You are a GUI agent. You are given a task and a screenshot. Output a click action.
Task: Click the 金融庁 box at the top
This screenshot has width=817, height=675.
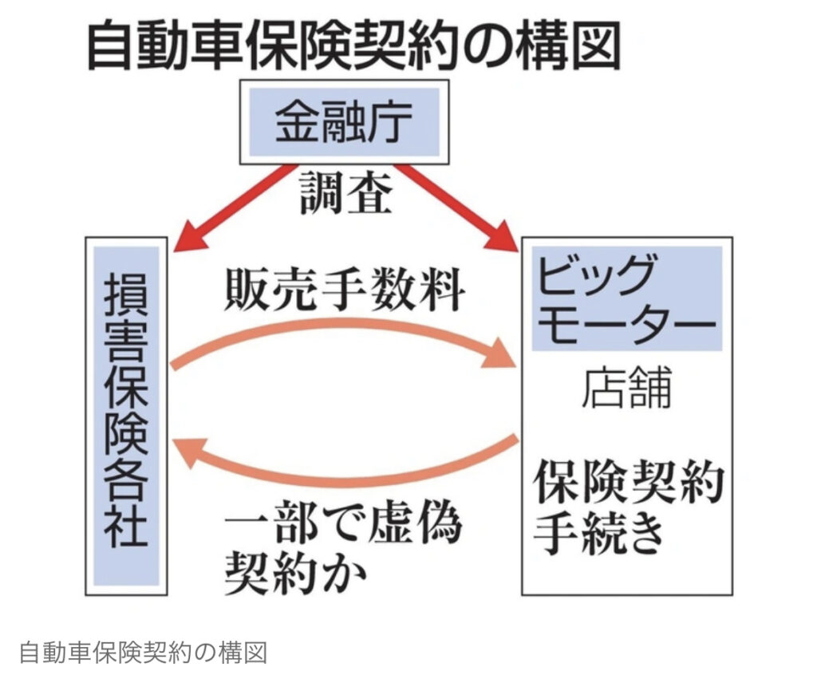344,122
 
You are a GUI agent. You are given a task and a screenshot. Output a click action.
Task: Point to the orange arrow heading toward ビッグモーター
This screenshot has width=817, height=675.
343,330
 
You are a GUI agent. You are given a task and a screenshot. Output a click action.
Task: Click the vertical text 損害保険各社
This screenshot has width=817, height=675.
126,415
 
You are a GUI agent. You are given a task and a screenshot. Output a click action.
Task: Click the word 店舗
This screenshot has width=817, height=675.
626,389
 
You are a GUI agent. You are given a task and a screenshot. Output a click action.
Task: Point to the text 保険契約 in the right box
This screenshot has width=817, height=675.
628,481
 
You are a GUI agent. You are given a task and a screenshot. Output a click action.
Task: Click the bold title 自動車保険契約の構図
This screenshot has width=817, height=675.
352,45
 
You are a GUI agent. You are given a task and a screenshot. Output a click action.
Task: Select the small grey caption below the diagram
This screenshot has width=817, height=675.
141,652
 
